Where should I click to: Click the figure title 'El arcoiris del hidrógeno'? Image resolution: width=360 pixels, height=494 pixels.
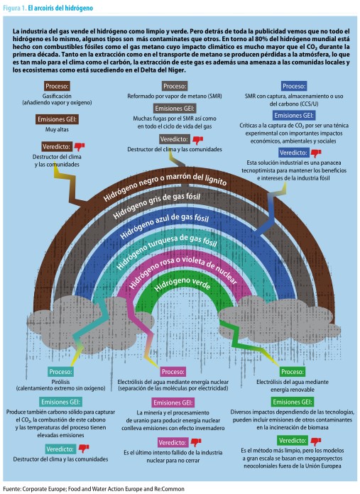point(60,9)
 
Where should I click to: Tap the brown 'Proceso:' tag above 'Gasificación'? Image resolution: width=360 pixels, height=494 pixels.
point(57,86)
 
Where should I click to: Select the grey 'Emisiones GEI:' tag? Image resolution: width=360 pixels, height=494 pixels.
point(175,109)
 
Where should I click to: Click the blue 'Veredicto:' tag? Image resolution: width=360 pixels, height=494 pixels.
point(293,153)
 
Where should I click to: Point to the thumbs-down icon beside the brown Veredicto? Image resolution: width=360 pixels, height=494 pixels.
point(80,147)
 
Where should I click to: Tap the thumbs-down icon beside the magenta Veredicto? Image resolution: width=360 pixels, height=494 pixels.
point(196,442)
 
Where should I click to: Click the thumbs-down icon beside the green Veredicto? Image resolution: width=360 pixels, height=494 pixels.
point(315,441)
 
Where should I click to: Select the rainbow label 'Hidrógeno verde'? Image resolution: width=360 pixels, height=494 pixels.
point(182,283)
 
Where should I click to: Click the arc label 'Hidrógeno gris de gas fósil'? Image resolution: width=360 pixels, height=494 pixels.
point(157,204)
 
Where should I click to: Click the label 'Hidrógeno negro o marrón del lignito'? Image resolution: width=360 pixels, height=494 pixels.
point(165,186)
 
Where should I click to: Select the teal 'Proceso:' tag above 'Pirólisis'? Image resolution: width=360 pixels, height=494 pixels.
point(60,372)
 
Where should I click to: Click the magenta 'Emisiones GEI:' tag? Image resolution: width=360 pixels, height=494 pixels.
point(173,402)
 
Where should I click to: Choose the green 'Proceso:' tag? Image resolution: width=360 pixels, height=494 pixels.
point(293,372)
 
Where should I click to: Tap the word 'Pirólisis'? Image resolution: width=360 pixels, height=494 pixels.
point(60,382)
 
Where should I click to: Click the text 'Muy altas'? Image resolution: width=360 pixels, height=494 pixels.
point(57,129)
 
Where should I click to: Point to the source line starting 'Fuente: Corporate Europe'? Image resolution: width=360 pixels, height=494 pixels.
point(94,488)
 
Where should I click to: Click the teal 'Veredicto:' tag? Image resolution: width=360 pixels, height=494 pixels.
point(60,449)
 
